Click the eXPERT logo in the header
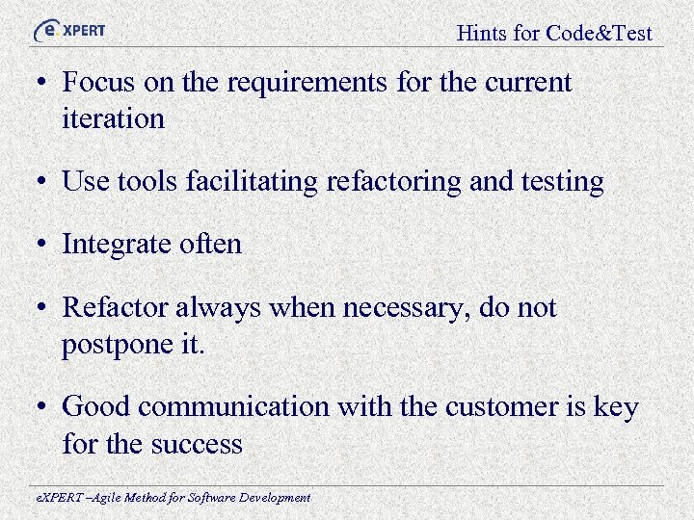point(69,30)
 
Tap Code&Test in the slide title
point(599,34)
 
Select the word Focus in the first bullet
point(99,83)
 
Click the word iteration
point(113,119)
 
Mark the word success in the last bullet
point(197,444)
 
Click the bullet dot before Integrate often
point(45,246)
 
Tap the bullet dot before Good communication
point(45,408)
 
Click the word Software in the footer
point(203,498)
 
